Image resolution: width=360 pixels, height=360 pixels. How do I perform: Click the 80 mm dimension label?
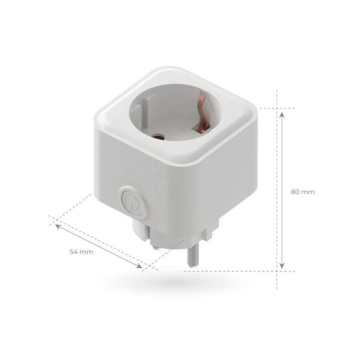(303, 192)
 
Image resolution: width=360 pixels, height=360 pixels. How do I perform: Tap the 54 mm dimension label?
(81, 252)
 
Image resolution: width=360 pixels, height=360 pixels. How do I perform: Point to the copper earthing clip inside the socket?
(202, 113)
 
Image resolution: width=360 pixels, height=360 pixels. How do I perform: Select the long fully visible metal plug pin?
(193, 255)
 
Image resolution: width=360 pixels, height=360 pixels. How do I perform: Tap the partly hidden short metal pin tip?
(156, 247)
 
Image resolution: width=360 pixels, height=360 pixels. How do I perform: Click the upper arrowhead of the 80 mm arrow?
(282, 115)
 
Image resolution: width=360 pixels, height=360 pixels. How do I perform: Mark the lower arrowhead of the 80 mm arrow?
(282, 265)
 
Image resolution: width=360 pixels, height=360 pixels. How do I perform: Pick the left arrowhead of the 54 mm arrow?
(58, 227)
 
